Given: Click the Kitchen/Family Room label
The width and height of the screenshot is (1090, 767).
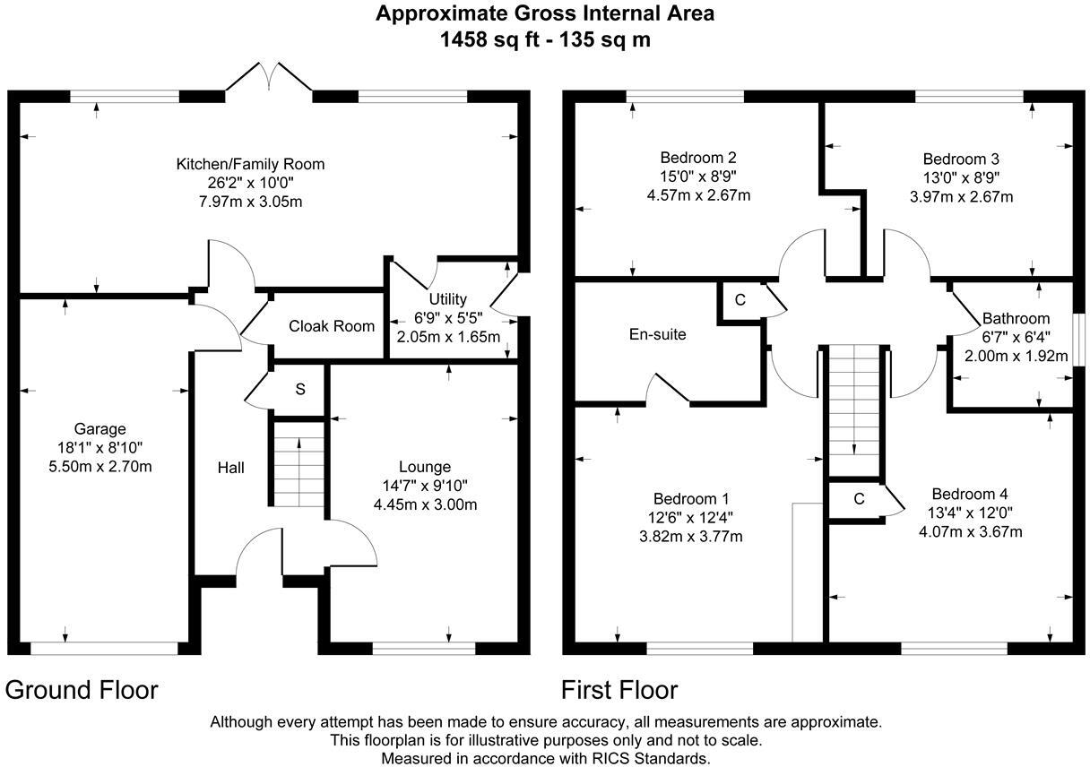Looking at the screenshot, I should tap(250, 164).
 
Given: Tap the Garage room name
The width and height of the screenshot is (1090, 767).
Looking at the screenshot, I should tap(99, 429).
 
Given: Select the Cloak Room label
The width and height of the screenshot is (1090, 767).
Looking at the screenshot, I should tap(332, 326).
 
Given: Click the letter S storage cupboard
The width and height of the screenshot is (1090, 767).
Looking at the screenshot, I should tap(300, 389).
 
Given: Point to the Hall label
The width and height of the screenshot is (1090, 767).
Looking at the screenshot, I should tap(230, 468).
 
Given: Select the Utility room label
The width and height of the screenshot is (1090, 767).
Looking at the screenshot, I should tap(447, 298).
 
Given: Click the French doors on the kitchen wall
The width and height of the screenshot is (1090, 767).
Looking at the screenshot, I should tap(269, 77).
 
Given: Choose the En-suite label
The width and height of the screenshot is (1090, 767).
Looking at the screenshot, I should tap(657, 334).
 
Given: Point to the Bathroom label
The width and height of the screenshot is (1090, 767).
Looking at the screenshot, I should tap(1016, 318).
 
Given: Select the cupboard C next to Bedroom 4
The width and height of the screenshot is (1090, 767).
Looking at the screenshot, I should tap(858, 499).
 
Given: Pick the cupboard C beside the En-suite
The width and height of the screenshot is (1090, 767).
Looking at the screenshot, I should tap(740, 300).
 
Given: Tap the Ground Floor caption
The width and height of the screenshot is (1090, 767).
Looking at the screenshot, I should tap(82, 690).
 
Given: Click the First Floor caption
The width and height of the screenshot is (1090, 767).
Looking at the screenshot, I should tap(619, 690).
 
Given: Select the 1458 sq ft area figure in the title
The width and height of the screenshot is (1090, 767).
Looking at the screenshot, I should tap(488, 39).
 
